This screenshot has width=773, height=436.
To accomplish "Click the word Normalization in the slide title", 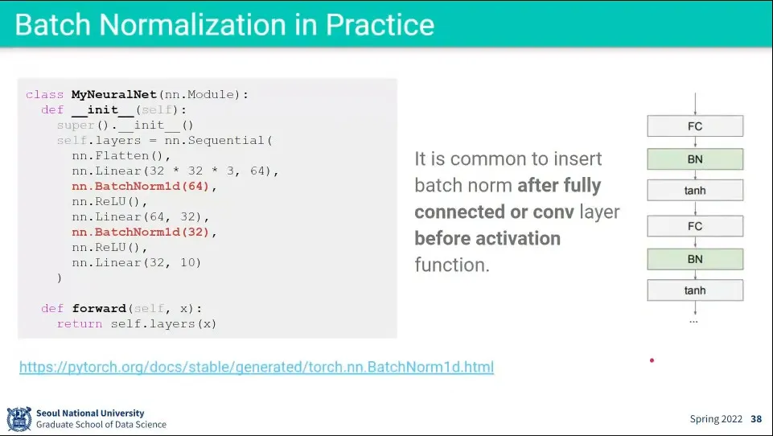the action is pos(193,24).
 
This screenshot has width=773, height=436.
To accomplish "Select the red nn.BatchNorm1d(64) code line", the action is pos(141,187).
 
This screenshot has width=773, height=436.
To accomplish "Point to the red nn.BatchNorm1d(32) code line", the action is pos(141,232).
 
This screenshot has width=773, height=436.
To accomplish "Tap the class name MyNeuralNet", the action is pos(114,95).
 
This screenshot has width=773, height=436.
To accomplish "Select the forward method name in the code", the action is pos(100,309).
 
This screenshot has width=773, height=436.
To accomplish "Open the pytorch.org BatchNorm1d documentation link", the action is pos(257,367).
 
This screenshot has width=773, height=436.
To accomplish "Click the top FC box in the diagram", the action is pos(695,126).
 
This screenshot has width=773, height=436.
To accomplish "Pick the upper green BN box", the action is pos(695,159).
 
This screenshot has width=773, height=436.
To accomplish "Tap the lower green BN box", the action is pos(695,260).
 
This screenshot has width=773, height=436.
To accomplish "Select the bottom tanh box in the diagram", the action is pos(695,290).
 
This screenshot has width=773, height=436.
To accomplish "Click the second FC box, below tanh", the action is pos(695,226).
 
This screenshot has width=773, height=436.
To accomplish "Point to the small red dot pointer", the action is pos(652,360).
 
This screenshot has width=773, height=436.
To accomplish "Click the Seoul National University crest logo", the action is pos(19,419).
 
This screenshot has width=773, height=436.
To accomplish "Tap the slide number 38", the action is pos(756,419).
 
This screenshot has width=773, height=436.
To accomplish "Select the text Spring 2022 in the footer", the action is pos(716,419).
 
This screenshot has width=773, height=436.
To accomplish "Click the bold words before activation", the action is pos(487,239).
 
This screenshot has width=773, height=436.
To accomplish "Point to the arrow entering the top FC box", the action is pos(695,104).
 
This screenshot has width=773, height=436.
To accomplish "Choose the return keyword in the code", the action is pos(80,324).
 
